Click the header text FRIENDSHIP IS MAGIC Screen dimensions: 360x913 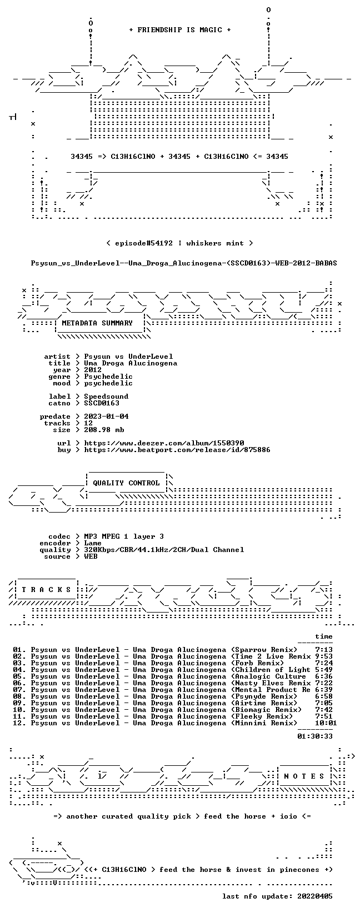point(180,30)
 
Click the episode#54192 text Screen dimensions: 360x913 point(144,243)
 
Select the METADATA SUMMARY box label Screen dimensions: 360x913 point(97,323)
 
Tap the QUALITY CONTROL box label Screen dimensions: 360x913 point(126,483)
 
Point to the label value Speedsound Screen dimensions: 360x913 point(106,397)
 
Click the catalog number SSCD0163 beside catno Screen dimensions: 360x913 point(102,403)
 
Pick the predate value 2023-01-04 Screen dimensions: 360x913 point(106,417)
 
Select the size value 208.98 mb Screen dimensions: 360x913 point(104,430)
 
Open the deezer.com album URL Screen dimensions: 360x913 point(164,443)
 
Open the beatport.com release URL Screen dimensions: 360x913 point(177,450)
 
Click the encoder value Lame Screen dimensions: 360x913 point(93,543)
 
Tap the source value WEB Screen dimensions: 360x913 point(91,556)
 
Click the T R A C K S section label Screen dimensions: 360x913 point(46,590)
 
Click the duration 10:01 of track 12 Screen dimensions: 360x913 point(326,723)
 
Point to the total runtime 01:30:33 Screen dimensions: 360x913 point(315,736)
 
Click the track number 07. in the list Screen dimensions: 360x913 point(19,690)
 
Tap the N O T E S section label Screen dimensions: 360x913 point(304,776)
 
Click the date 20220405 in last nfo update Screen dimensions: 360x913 point(315,896)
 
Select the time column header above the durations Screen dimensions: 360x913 point(324,636)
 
